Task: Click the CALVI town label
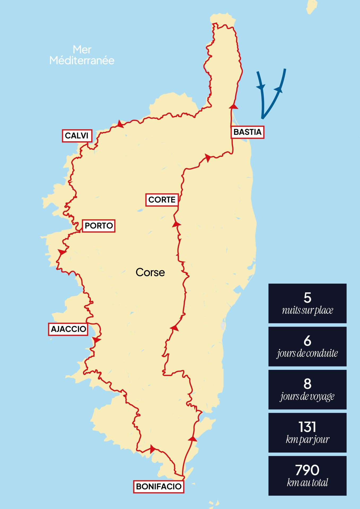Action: point(77,136)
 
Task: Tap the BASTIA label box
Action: point(247,132)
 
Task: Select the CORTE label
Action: point(162,200)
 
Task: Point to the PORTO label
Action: point(99,226)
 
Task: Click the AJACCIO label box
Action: point(68,329)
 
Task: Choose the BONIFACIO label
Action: point(159,486)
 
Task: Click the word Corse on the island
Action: point(150,273)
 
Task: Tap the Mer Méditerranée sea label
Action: point(82,55)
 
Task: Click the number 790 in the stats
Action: point(307,470)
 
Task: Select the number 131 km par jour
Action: point(307,427)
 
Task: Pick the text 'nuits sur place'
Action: point(307,310)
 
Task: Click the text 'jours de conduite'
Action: point(307,353)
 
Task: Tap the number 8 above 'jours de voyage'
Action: point(307,384)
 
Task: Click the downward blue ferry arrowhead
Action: point(261,86)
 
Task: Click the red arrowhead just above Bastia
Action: point(234,107)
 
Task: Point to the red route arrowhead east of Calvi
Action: point(120,124)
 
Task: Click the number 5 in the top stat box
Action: point(307,297)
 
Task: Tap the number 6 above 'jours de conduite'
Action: point(307,341)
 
